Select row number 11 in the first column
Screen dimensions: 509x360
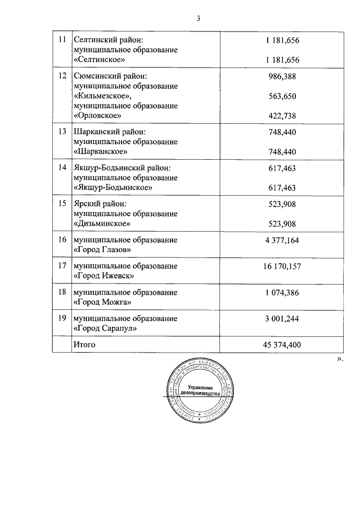(62, 40)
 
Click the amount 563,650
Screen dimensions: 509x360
(282, 96)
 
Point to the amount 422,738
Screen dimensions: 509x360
(282, 116)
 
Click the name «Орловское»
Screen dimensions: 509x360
(98, 116)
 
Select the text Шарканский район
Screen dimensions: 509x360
(105, 132)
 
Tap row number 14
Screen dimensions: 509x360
(62, 168)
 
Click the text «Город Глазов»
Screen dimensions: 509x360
(102, 249)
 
